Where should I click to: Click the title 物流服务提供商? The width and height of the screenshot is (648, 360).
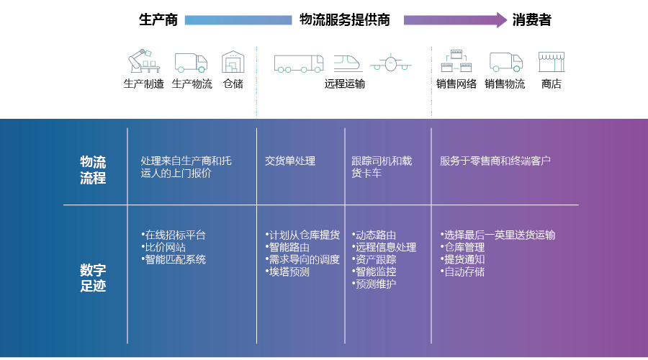click(345, 19)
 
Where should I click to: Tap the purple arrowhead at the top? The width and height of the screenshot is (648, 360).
click(502, 20)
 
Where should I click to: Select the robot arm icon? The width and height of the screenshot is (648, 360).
click(144, 61)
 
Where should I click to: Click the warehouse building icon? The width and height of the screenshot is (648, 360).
click(233, 62)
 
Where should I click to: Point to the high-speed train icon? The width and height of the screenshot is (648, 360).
click(347, 63)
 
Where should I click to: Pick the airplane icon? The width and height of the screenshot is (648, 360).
click(390, 63)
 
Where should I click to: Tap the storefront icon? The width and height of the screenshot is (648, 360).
click(552, 62)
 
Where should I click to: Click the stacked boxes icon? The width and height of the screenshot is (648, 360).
click(456, 61)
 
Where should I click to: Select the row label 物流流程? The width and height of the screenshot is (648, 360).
click(93, 170)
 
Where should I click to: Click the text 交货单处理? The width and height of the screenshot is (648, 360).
click(290, 161)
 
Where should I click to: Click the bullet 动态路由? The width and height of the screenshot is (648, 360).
click(374, 235)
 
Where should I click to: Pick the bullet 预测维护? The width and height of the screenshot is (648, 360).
click(374, 284)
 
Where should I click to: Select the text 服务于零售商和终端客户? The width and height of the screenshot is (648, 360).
click(495, 161)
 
